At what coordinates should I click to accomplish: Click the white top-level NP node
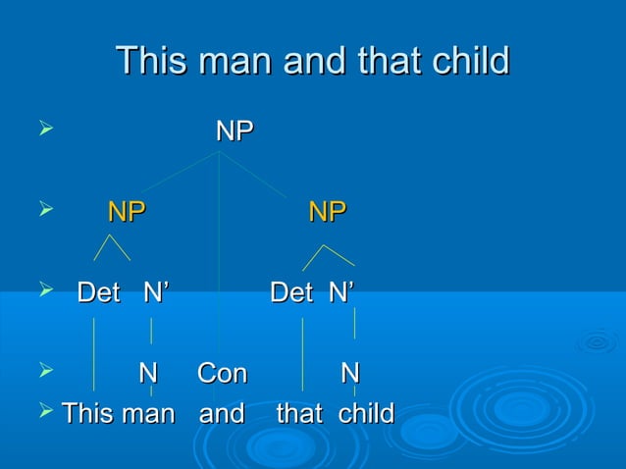[235, 131]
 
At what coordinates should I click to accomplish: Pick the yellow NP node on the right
[328, 211]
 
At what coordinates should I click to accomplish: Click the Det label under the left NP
[99, 291]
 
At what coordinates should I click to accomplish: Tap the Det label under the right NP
[291, 291]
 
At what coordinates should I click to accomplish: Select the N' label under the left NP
[155, 291]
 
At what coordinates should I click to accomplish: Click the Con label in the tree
[222, 374]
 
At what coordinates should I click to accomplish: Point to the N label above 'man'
[147, 374]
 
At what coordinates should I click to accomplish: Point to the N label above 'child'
[349, 374]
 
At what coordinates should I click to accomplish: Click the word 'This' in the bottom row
[87, 413]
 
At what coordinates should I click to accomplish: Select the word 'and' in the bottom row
[222, 413]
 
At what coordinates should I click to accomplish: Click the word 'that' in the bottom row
[299, 413]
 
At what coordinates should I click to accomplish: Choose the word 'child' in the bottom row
[365, 413]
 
